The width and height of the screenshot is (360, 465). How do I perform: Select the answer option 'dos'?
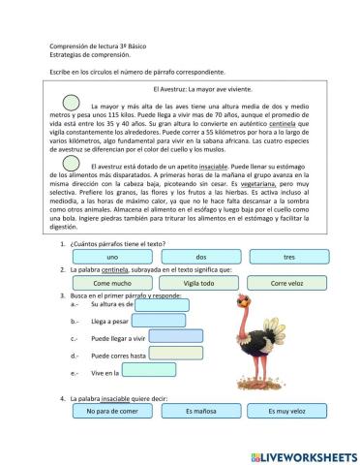pyautogui.click(x=200, y=256)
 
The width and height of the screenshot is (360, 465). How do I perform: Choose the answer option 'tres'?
pyautogui.click(x=288, y=256)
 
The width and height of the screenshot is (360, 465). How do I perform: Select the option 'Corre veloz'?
pyautogui.click(x=288, y=283)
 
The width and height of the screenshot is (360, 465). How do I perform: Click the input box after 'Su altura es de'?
pyautogui.click(x=161, y=303)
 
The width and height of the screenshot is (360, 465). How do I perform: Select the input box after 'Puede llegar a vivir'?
pyautogui.click(x=175, y=337)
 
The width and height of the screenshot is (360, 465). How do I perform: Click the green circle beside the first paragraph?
pyautogui.click(x=72, y=102)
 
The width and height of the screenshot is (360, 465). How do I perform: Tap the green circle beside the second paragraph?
pyautogui.click(x=72, y=169)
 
